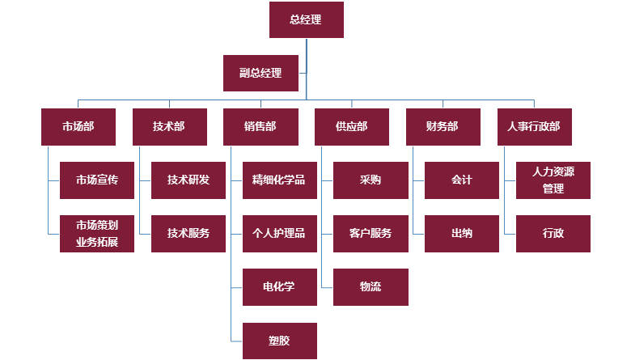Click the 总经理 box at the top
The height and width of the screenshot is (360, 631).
click(306, 20)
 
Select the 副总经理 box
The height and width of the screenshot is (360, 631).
click(260, 73)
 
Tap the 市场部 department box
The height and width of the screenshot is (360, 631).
click(78, 127)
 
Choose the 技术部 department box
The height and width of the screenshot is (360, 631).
click(169, 127)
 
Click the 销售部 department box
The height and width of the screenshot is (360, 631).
click(260, 127)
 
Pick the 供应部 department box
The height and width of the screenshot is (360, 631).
click(351, 127)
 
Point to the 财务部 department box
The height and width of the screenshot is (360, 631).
click(443, 127)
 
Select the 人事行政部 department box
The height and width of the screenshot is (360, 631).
click(534, 127)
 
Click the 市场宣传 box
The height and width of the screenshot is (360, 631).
click(97, 180)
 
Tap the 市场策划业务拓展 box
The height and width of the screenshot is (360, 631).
click(97, 234)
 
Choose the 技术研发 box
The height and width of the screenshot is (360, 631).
click(188, 180)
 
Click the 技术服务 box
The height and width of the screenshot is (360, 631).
click(188, 234)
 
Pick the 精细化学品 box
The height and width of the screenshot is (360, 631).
click(279, 180)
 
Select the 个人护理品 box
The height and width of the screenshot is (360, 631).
click(279, 234)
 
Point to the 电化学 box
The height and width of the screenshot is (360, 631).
click(279, 287)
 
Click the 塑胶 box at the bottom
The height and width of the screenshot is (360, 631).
click(279, 341)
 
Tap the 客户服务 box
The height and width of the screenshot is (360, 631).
click(371, 234)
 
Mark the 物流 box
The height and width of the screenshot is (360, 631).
click(371, 287)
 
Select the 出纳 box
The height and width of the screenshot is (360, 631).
click(462, 234)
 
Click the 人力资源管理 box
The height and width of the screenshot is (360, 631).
click(553, 180)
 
